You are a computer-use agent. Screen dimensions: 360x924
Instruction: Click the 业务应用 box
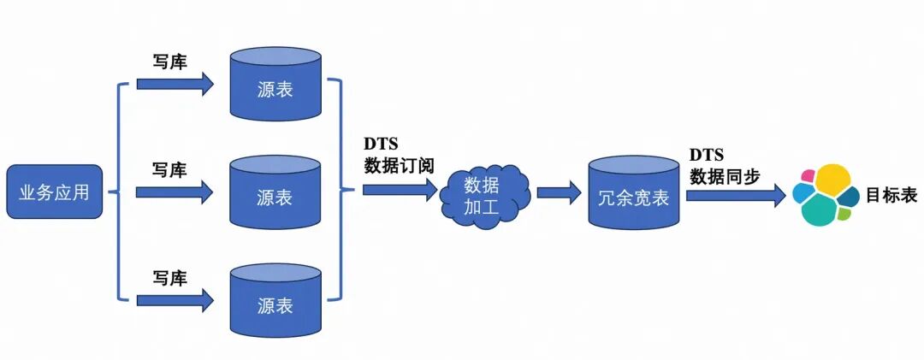(54, 192)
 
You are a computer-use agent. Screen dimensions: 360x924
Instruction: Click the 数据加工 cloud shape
(485, 193)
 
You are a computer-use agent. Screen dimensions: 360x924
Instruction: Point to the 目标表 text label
(891, 196)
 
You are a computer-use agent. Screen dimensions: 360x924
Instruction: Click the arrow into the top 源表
(175, 84)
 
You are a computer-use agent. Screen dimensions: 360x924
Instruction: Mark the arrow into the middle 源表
(175, 192)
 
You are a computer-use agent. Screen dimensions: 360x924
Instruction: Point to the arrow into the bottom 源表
(175, 299)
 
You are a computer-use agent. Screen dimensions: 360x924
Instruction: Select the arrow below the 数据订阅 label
(400, 189)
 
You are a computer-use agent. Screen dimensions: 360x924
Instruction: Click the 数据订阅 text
(400, 166)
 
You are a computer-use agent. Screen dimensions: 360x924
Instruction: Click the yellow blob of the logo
(832, 180)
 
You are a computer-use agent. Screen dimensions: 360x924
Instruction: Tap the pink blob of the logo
(807, 176)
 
